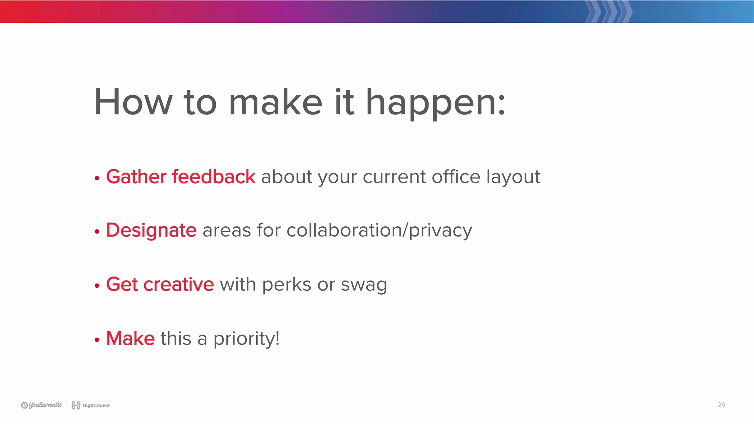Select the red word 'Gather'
136,177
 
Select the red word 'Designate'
151,231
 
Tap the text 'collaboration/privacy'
379,231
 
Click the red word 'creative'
179,285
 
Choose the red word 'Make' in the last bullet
130,339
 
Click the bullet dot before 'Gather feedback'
97,179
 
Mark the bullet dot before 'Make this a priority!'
97,340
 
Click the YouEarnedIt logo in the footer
42,405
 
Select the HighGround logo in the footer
91,405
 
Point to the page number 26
721,404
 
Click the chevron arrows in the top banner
608,11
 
